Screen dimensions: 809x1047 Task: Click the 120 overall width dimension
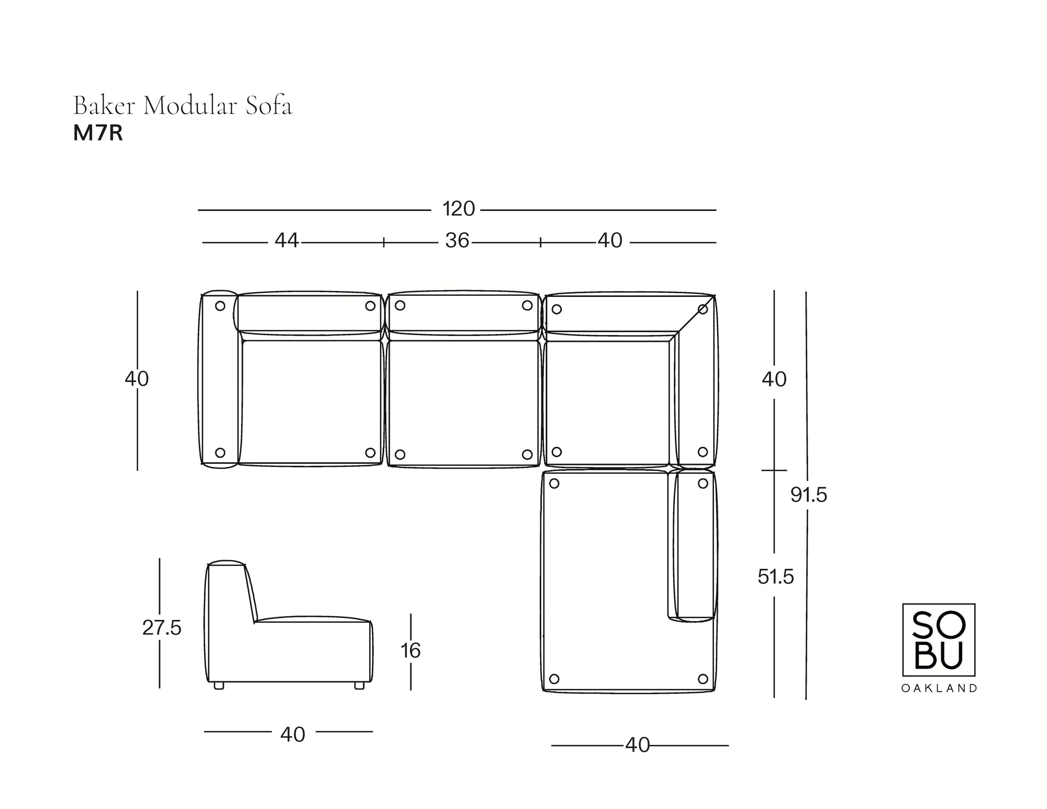click(459, 209)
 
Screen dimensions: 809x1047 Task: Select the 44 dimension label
click(287, 241)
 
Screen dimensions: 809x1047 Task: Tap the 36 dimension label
click(457, 241)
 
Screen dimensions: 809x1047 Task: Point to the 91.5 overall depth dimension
click(809, 495)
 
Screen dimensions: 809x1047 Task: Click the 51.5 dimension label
click(776, 577)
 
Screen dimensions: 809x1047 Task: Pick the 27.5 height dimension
click(162, 628)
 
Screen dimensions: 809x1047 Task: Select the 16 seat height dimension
click(411, 651)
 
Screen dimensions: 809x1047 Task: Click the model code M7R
click(98, 134)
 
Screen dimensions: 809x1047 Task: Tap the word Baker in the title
click(104, 106)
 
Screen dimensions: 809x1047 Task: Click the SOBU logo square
click(939, 640)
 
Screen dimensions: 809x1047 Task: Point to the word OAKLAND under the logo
click(939, 689)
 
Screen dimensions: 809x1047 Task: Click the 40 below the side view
click(293, 735)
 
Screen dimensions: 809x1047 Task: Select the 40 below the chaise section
click(638, 745)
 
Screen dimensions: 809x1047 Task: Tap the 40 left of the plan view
click(137, 379)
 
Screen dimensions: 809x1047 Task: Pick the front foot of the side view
click(359, 685)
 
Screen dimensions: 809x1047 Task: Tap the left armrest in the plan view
click(219, 379)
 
